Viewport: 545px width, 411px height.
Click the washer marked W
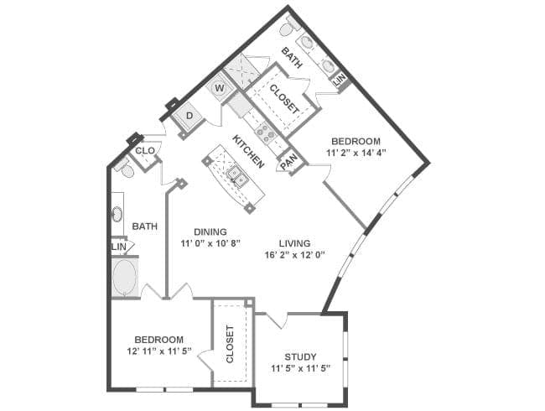click(220, 87)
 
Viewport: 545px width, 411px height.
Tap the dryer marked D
click(189, 116)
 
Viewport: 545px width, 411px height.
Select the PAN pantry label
click(288, 162)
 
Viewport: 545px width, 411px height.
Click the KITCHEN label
click(247, 151)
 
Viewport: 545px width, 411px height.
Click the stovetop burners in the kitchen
click(266, 133)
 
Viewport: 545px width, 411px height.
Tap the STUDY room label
click(301, 356)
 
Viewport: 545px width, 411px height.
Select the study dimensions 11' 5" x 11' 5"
click(301, 368)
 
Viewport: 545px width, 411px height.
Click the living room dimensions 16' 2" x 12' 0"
click(295, 255)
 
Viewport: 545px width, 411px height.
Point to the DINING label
click(210, 232)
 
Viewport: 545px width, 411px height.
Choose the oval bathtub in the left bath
click(124, 277)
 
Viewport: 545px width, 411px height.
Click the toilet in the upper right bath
click(287, 28)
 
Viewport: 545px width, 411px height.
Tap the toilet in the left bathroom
click(126, 169)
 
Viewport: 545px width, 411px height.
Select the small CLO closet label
click(145, 151)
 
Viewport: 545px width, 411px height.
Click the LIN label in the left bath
click(119, 247)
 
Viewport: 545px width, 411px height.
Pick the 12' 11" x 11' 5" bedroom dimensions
click(159, 351)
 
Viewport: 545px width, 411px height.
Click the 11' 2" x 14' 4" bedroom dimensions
click(356, 153)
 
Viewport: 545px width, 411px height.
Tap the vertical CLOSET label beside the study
click(230, 344)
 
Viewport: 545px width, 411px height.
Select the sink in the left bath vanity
click(117, 214)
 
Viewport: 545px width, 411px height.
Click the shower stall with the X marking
click(242, 71)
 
